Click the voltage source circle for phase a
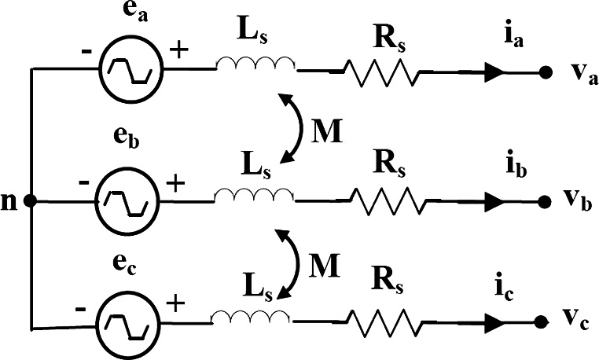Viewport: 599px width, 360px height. [130, 69]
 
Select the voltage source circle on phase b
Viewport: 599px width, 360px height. [127, 201]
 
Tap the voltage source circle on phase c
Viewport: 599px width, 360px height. [127, 321]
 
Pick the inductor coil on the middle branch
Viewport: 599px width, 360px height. [253, 195]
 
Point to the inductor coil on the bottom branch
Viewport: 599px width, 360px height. [252, 316]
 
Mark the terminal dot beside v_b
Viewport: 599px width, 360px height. [544, 202]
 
